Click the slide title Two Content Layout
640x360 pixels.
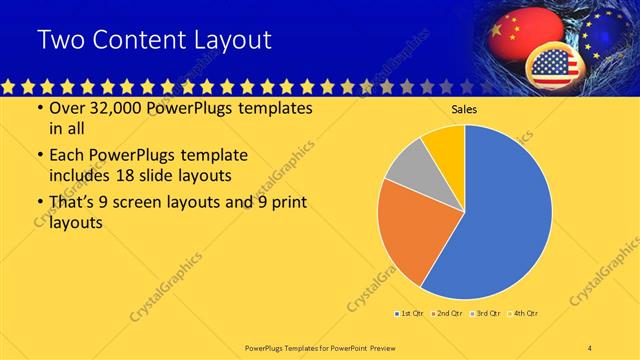[x=154, y=40]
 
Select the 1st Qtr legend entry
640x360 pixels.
[x=408, y=314]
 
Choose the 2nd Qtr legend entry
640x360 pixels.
[x=446, y=314]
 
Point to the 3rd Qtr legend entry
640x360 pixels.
[x=485, y=314]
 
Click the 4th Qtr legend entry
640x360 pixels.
[x=523, y=314]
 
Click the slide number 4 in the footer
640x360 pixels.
[x=590, y=347]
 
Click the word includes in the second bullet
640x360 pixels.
[x=84, y=175]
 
